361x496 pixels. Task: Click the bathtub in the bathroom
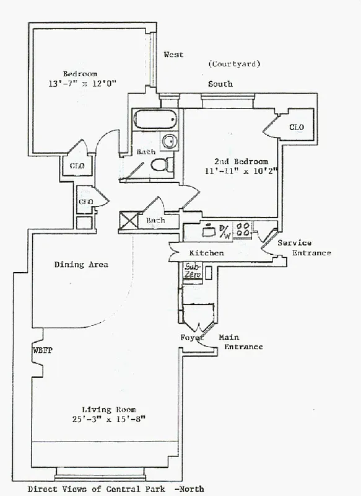[x=155, y=119]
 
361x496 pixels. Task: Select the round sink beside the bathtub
[x=169, y=141]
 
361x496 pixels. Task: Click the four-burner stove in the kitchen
[x=243, y=229]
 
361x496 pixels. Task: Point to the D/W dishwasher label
[x=225, y=232]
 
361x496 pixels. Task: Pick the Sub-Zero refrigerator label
[x=193, y=270]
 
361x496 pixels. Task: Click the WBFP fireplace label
[x=43, y=350]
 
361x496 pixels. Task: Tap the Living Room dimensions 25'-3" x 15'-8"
[x=109, y=420]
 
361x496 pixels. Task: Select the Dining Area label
[x=81, y=265]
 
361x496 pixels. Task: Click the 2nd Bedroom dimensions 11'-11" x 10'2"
[x=241, y=172]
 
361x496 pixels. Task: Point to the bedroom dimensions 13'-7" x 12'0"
[x=82, y=84]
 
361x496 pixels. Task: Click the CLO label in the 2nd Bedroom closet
[x=297, y=127]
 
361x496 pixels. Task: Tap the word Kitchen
[x=207, y=253]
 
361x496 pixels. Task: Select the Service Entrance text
[x=305, y=247]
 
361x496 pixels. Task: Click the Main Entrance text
[x=241, y=342]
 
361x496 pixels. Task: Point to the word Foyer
[x=192, y=337]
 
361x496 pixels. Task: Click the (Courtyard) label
[x=234, y=64]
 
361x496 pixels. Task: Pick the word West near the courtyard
[x=173, y=55]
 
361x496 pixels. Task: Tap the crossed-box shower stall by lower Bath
[x=129, y=220]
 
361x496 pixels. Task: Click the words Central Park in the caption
[x=136, y=489]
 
